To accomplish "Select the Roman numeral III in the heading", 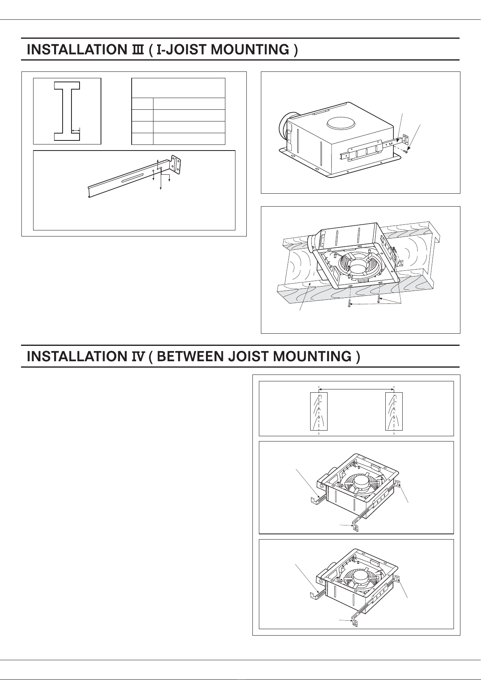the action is point(138,50).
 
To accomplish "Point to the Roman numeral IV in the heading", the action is point(138,356).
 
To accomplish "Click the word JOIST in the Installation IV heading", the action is point(248,356).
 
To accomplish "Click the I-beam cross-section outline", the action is point(67,111).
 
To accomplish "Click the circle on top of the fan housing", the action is point(341,124).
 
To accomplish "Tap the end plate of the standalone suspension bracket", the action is point(176,165).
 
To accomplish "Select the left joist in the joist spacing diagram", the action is point(319,411).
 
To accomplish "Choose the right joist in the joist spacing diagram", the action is point(394,411).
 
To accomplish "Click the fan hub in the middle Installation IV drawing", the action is point(361,481).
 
